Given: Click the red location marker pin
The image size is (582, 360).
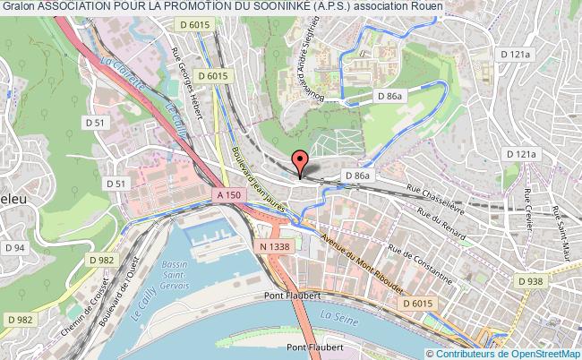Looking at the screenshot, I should pos(300,161).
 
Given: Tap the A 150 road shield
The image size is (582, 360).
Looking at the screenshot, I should pos(227,193).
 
